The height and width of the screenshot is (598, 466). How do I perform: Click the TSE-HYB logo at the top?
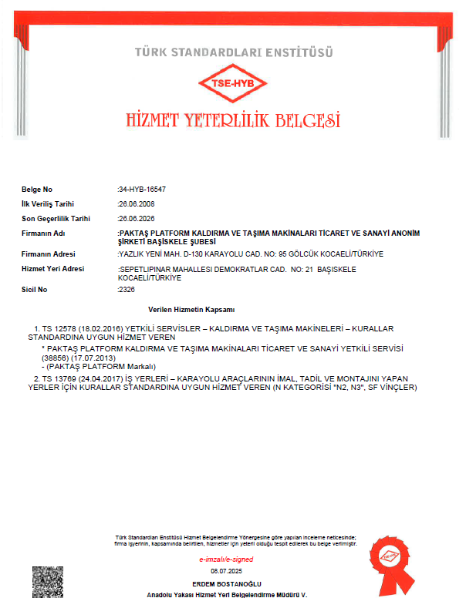232,84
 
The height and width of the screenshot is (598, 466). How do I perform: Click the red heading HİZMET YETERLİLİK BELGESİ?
232,121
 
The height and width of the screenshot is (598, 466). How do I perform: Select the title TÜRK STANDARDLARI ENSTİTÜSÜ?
233,52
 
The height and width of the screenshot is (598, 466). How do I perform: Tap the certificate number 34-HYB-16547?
142,189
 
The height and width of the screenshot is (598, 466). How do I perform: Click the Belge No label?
37,189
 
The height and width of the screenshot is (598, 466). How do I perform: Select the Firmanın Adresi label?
49,254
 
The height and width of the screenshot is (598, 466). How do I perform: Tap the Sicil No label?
35,289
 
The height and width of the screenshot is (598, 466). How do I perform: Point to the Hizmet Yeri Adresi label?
52,268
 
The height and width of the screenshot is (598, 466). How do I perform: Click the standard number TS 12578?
59,329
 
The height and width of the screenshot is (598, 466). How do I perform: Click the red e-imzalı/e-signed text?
226,559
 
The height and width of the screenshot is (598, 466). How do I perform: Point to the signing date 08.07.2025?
227,570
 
